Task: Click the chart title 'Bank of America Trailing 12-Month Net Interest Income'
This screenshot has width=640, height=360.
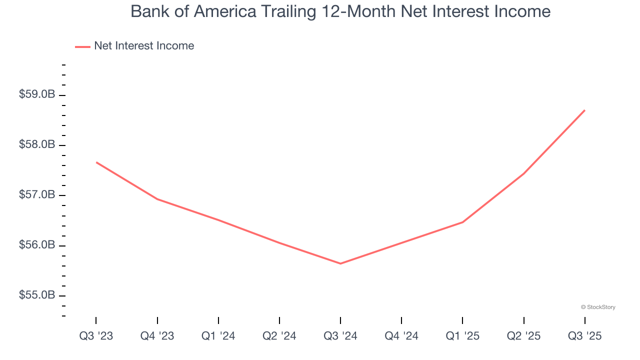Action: point(340,11)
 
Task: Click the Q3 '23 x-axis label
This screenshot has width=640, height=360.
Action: point(96,336)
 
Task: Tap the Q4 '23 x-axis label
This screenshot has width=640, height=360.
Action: point(157,336)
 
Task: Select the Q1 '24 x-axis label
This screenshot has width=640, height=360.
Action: point(218,336)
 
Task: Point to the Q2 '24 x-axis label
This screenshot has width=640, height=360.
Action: point(279,336)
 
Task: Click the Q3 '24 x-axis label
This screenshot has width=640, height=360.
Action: point(340,336)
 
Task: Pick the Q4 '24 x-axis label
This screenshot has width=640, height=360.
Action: point(401,336)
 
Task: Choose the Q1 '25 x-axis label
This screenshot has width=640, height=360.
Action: point(462,336)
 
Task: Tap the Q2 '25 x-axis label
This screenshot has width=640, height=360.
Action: point(523,336)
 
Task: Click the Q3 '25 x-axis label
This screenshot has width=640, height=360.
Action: point(584,336)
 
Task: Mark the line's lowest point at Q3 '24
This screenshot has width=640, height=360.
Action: point(340,263)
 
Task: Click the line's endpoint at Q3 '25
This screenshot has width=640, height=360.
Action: point(584,110)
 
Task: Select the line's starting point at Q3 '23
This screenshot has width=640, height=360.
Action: point(96,162)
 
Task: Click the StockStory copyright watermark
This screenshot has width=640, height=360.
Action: point(598,307)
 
